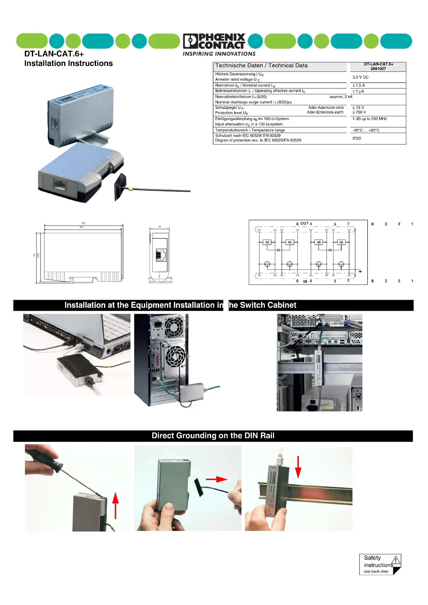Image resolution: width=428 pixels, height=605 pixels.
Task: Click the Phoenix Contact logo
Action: tap(214, 41)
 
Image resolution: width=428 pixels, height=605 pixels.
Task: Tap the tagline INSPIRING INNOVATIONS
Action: tap(219, 54)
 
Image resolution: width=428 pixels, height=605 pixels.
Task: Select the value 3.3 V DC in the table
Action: tap(360, 77)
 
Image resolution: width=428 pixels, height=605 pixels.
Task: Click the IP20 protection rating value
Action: tap(357, 138)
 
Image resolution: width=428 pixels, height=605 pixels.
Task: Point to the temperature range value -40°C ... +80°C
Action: tap(366, 130)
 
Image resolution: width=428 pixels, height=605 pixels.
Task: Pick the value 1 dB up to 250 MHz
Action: tap(370, 119)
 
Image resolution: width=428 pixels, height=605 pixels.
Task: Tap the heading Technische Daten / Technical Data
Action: tap(261, 66)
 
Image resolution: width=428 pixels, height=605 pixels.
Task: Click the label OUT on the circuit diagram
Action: tap(304, 223)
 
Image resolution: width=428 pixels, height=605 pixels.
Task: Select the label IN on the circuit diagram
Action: tap(305, 281)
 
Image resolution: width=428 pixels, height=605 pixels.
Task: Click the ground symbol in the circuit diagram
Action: tap(360, 271)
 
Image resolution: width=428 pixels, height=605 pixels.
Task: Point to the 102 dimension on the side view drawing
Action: tap(83, 223)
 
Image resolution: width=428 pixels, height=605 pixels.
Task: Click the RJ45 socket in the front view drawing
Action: tap(161, 255)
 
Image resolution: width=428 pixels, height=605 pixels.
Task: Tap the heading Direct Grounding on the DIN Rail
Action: tap(213, 436)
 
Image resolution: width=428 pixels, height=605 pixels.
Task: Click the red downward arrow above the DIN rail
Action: tap(298, 467)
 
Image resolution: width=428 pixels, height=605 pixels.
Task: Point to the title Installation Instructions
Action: tap(69, 64)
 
